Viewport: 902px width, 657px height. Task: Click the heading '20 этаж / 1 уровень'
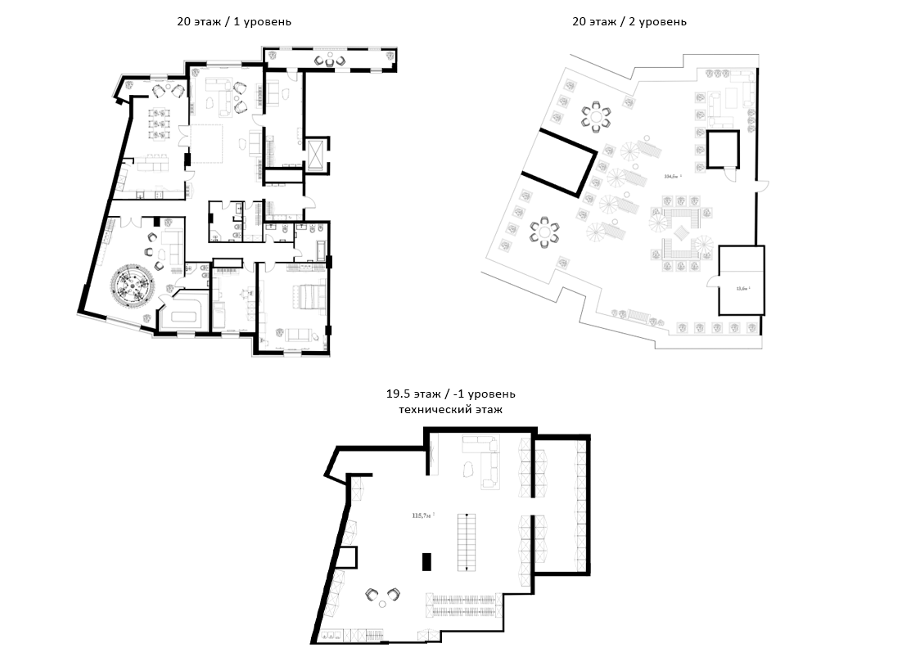coord(234,22)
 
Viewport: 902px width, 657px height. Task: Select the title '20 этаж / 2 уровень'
coord(629,22)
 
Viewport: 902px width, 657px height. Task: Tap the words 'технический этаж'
coord(450,408)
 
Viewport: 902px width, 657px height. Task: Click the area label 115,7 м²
coord(422,515)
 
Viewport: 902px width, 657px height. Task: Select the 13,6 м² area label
coord(742,288)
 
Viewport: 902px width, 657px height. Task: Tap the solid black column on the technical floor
coord(426,561)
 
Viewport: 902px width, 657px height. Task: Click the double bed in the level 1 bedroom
coord(306,295)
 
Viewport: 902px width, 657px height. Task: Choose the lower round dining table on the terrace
coord(543,234)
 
